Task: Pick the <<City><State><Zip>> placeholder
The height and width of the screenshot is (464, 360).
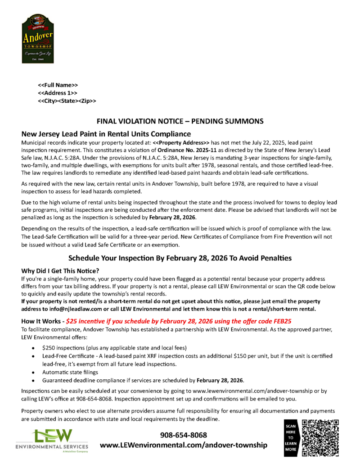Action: tap(67, 101)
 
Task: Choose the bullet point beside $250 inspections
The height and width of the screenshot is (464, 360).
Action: tap(35, 348)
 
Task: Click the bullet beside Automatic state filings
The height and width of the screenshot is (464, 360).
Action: tap(35, 373)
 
